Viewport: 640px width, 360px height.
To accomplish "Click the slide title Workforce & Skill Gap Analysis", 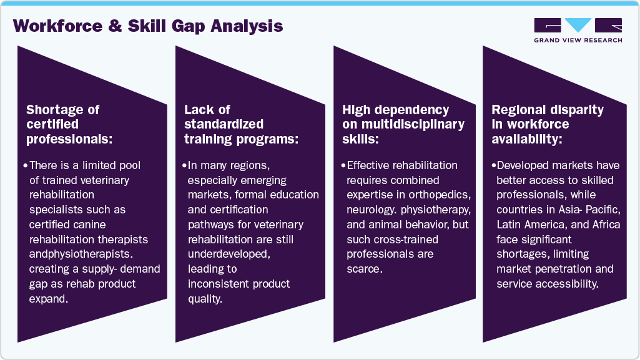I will click(148, 26).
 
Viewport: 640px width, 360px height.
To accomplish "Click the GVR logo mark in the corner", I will click(578, 26).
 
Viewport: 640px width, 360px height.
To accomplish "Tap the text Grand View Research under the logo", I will click(578, 41).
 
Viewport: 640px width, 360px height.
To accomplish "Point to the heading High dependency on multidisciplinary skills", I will click(403, 124).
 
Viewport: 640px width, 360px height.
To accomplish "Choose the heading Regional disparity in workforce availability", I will click(548, 124).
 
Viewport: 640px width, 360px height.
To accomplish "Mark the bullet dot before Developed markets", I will click(493, 165).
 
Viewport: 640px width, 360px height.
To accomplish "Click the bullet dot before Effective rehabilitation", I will click(343, 165).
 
